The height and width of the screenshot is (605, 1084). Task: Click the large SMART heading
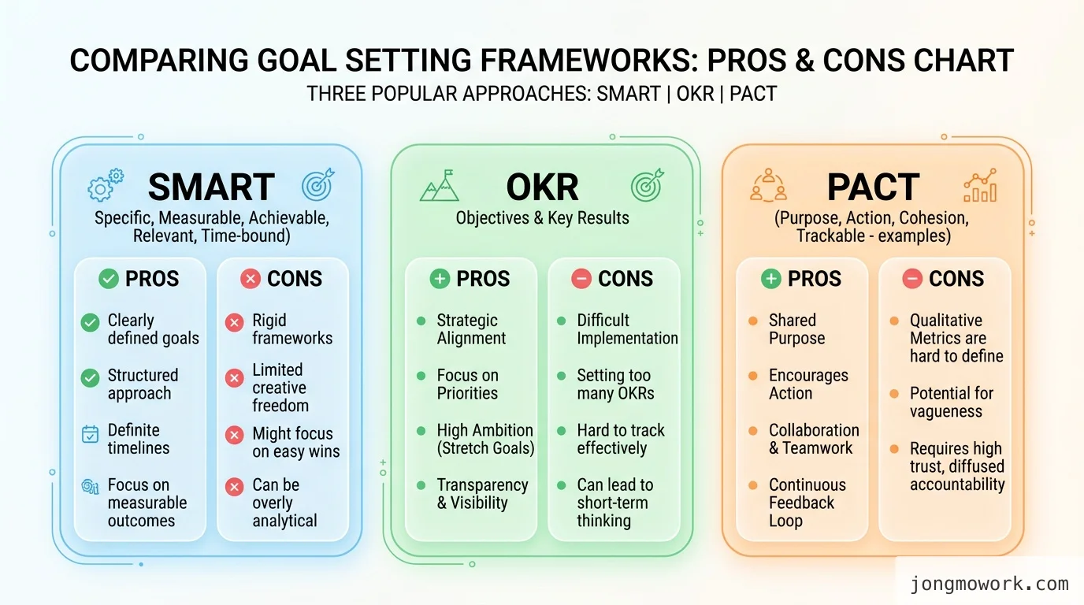(211, 187)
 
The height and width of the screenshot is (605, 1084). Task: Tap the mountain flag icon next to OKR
(439, 186)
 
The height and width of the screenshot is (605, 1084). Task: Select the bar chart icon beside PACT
(979, 186)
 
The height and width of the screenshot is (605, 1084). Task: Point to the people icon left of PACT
(767, 186)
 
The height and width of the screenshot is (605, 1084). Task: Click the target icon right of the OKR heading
(647, 186)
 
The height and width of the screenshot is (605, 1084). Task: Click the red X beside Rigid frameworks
(234, 322)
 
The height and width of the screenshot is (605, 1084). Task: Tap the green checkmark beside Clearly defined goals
(91, 322)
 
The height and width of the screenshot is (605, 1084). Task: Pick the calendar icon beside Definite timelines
(91, 434)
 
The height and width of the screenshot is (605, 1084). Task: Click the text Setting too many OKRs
(615, 384)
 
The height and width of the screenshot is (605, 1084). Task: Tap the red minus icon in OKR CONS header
(581, 279)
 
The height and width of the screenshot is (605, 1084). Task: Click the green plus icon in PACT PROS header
(771, 279)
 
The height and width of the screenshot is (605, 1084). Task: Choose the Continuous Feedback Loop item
(807, 503)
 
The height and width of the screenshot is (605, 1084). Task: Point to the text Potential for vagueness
(952, 402)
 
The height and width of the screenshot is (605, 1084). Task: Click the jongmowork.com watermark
(989, 584)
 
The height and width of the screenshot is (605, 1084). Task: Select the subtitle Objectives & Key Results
(542, 218)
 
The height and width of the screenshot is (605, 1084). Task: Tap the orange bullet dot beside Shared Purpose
(752, 321)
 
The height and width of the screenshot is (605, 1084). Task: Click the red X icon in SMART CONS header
(251, 279)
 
